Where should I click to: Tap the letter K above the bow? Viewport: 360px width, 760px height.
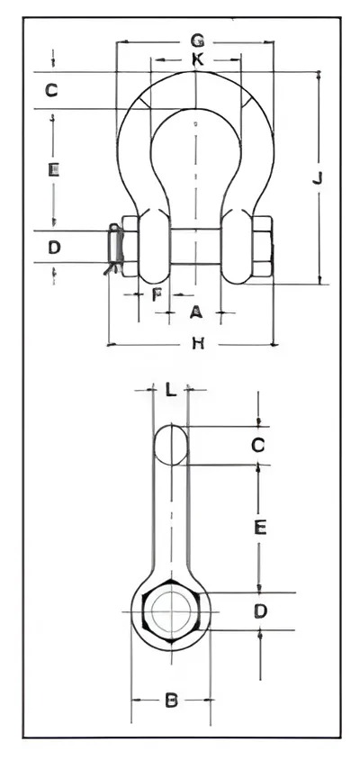[197, 59]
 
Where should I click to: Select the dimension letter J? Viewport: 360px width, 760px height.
[318, 178]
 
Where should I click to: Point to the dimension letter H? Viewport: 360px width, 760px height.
[198, 343]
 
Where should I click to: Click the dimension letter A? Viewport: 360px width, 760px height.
[195, 312]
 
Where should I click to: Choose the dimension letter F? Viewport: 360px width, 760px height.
[156, 294]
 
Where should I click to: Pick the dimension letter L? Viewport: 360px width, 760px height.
[170, 389]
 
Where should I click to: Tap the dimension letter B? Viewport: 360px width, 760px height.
[172, 701]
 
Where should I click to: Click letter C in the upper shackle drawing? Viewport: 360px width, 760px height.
[52, 90]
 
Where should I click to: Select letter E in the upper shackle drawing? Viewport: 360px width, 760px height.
[53, 169]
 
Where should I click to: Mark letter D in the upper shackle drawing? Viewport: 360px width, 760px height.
[54, 248]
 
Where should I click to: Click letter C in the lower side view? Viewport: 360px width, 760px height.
[258, 445]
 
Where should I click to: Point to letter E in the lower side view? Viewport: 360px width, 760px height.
[260, 528]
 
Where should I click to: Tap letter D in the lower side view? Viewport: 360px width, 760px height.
[261, 611]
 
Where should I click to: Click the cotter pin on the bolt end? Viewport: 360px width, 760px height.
[113, 249]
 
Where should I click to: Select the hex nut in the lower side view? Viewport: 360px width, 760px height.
[171, 611]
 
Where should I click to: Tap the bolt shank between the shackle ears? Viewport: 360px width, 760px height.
[195, 247]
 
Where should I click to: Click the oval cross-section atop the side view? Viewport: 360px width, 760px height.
[171, 445]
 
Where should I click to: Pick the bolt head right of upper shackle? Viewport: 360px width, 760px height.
[263, 246]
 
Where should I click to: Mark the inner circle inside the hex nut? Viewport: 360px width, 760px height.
[171, 611]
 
